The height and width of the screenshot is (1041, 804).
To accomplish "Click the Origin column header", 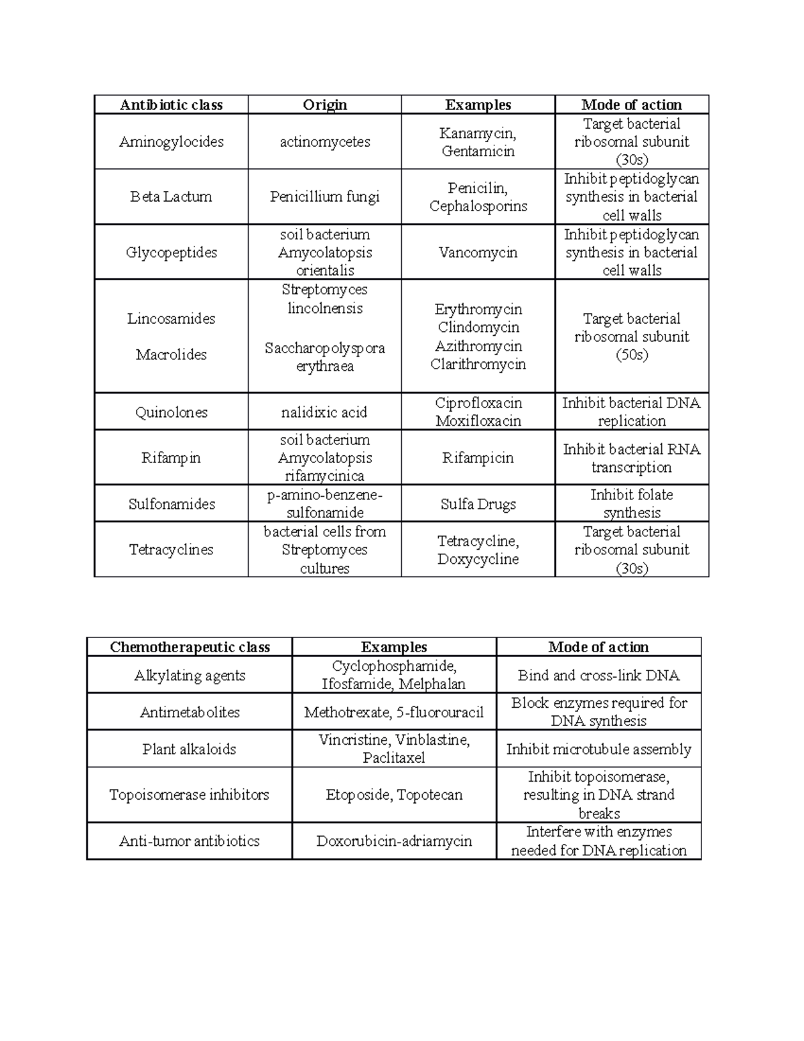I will (x=325, y=105).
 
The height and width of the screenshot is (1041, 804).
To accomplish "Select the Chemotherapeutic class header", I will (x=190, y=647).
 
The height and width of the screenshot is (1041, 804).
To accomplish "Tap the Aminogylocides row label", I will (x=172, y=141).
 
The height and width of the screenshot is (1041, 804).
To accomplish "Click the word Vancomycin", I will (x=478, y=252).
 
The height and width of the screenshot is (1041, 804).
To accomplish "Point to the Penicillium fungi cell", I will (x=325, y=196).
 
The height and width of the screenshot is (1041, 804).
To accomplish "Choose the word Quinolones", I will (x=172, y=412).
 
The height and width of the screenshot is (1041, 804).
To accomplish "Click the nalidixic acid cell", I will (x=325, y=412).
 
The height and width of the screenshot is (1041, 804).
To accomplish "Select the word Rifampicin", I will (x=478, y=458).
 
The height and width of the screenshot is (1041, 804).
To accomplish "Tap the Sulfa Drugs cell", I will (x=478, y=504).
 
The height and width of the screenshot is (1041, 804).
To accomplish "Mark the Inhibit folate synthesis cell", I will (x=631, y=503).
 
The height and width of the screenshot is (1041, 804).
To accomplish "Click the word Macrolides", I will (x=172, y=355).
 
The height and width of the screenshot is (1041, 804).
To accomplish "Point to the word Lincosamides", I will (x=172, y=318).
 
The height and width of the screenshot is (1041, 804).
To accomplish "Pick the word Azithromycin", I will (x=478, y=346).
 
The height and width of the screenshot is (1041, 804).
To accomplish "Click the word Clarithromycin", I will (x=478, y=364).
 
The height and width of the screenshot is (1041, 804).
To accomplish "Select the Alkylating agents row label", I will (x=190, y=675).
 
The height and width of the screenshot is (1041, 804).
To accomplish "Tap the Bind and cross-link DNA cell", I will (x=598, y=675).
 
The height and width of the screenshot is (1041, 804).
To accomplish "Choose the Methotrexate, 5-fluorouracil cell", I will (x=394, y=712).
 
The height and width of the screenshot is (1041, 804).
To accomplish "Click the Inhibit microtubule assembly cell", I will (x=598, y=749).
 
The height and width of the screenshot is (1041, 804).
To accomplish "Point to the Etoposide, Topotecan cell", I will (x=394, y=794).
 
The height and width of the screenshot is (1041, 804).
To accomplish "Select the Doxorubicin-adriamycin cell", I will (x=394, y=841).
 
